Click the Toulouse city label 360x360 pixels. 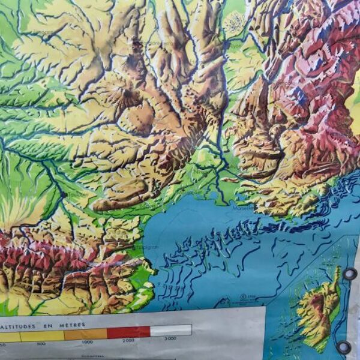click(75, 195)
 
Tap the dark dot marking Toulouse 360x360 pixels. click(64, 194)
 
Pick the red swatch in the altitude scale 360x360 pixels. click(128, 332)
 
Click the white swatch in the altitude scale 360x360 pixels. click(170, 331)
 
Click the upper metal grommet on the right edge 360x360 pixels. click(349, 274)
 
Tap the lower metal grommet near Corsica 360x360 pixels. click(344, 347)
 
